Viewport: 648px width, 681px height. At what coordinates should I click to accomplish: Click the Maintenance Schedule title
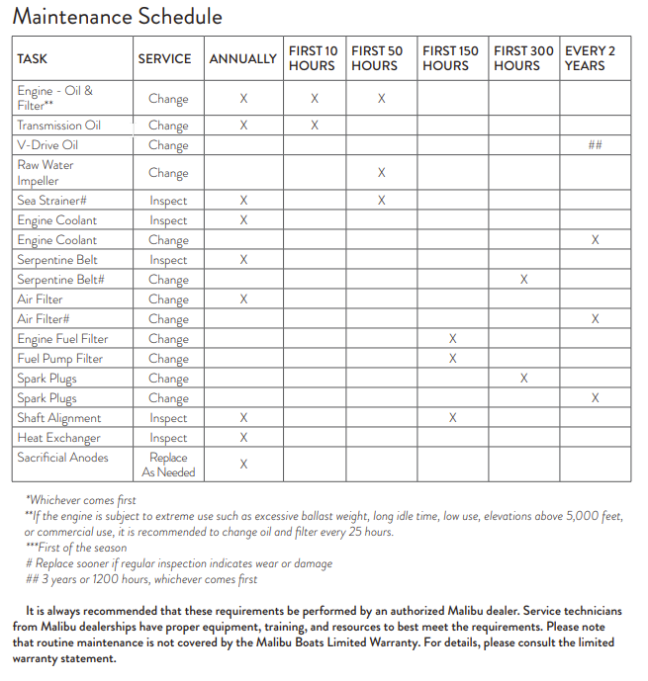coord(117,17)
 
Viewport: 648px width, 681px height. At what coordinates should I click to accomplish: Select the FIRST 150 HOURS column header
coord(452,58)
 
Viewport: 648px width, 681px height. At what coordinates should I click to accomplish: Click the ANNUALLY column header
coord(242,58)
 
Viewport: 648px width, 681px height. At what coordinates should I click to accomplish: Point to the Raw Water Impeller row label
coord(45,173)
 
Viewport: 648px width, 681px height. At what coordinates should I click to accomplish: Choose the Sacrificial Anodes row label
coord(62,458)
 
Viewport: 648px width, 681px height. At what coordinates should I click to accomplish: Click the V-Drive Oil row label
coord(47,145)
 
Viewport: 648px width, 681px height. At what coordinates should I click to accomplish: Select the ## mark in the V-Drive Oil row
coord(595,145)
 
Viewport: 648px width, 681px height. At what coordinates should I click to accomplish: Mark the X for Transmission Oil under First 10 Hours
coord(315,126)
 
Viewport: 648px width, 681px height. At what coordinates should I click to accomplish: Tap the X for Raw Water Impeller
coord(381,173)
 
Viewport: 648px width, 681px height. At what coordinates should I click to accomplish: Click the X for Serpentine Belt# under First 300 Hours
coord(523,280)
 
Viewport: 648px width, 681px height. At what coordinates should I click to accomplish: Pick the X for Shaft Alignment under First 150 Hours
coord(452,418)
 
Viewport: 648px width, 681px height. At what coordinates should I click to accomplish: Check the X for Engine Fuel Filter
coord(452,339)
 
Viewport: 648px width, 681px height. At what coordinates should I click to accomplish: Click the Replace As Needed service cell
coord(168,465)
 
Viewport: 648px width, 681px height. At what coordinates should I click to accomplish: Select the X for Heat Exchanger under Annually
coord(243,438)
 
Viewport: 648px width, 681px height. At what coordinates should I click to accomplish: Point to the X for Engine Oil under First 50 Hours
coord(381,99)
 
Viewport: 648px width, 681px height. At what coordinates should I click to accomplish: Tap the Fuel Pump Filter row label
coord(59,359)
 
